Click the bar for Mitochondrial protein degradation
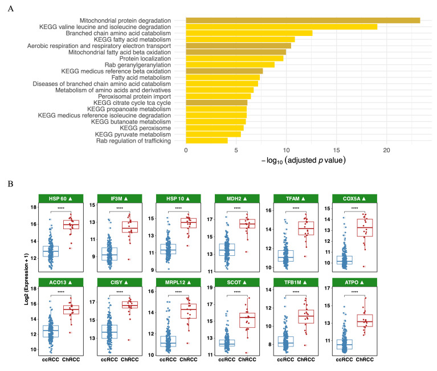tap(303, 21)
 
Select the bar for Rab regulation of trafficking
tap(207, 141)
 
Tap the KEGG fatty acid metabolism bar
tap(240, 39)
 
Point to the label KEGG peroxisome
tap(145, 128)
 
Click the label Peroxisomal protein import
tap(134, 96)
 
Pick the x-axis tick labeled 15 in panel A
tap(336, 150)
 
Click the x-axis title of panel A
tap(304, 161)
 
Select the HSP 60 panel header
tap(61, 198)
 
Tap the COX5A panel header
tap(354, 198)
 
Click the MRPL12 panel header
tap(178, 282)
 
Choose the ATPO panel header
tap(354, 282)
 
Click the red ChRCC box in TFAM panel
tap(306, 229)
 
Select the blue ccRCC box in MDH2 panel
tap(227, 250)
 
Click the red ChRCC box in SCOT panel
tap(247, 320)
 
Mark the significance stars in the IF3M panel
tap(120, 208)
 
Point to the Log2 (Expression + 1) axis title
tap(26, 279)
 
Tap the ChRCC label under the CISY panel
tap(129, 360)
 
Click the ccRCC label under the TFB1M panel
tap(285, 360)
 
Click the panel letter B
tap(10, 184)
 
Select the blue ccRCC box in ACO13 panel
tap(51, 331)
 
